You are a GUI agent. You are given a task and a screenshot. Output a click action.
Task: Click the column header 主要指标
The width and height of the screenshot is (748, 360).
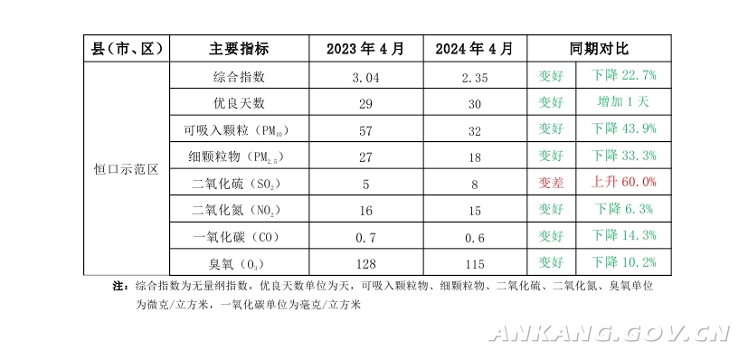tap(239, 49)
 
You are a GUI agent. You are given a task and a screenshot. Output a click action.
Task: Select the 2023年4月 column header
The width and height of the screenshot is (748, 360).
tap(365, 49)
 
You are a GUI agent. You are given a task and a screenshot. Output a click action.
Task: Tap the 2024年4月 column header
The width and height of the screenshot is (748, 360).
tap(474, 49)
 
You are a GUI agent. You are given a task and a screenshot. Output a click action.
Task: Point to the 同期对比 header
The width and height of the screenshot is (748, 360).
tap(599, 49)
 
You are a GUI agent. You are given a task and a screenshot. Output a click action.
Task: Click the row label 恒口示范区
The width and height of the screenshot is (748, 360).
tap(126, 169)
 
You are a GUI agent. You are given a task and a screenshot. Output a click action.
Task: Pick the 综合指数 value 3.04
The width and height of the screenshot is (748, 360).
tap(365, 77)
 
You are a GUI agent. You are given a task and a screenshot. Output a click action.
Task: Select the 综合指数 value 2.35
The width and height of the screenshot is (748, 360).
tap(475, 77)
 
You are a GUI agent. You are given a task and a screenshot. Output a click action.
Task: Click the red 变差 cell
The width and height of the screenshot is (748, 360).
tap(551, 182)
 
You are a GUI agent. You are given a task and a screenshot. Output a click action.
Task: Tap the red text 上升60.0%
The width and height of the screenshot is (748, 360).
tap(623, 182)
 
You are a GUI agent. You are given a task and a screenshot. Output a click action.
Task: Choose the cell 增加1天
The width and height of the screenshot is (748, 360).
tap(623, 101)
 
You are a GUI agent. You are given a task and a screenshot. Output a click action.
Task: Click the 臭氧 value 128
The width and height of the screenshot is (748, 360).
tap(365, 264)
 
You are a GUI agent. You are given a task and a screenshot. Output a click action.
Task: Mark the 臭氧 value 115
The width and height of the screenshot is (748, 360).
tap(475, 264)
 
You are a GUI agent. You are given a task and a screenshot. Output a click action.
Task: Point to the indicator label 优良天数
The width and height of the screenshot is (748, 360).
tap(239, 102)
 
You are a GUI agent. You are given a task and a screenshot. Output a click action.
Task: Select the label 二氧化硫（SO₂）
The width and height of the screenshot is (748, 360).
tap(236, 183)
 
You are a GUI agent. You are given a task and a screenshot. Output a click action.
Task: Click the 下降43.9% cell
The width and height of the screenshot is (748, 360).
tap(623, 128)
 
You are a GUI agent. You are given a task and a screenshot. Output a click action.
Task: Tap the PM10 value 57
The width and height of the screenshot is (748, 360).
tap(365, 130)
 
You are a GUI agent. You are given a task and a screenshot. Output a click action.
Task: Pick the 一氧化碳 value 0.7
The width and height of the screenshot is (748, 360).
tap(365, 237)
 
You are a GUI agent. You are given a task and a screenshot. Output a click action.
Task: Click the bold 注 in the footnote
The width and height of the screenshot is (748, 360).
tap(118, 286)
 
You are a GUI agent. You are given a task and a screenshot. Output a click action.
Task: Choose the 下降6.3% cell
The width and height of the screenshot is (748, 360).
tap(623, 208)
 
